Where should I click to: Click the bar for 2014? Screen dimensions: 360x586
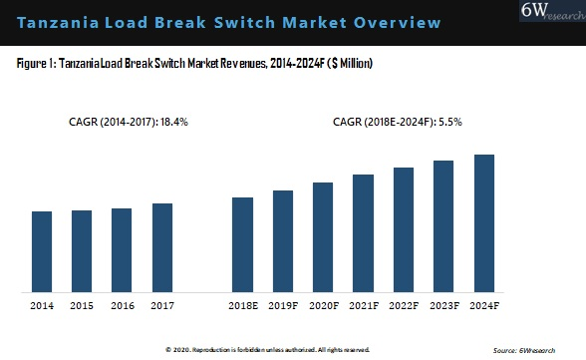tap(42, 251)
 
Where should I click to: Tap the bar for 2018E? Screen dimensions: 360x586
tap(243, 244)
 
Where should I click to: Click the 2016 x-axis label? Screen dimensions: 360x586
tap(122, 305)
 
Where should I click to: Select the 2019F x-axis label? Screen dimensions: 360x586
tap(283, 305)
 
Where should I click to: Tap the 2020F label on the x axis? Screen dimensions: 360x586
tap(323, 305)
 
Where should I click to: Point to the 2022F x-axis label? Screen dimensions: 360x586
tap(403, 305)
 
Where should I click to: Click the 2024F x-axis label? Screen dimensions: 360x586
tap(483, 305)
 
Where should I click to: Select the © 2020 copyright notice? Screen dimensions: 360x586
tap(267, 350)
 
